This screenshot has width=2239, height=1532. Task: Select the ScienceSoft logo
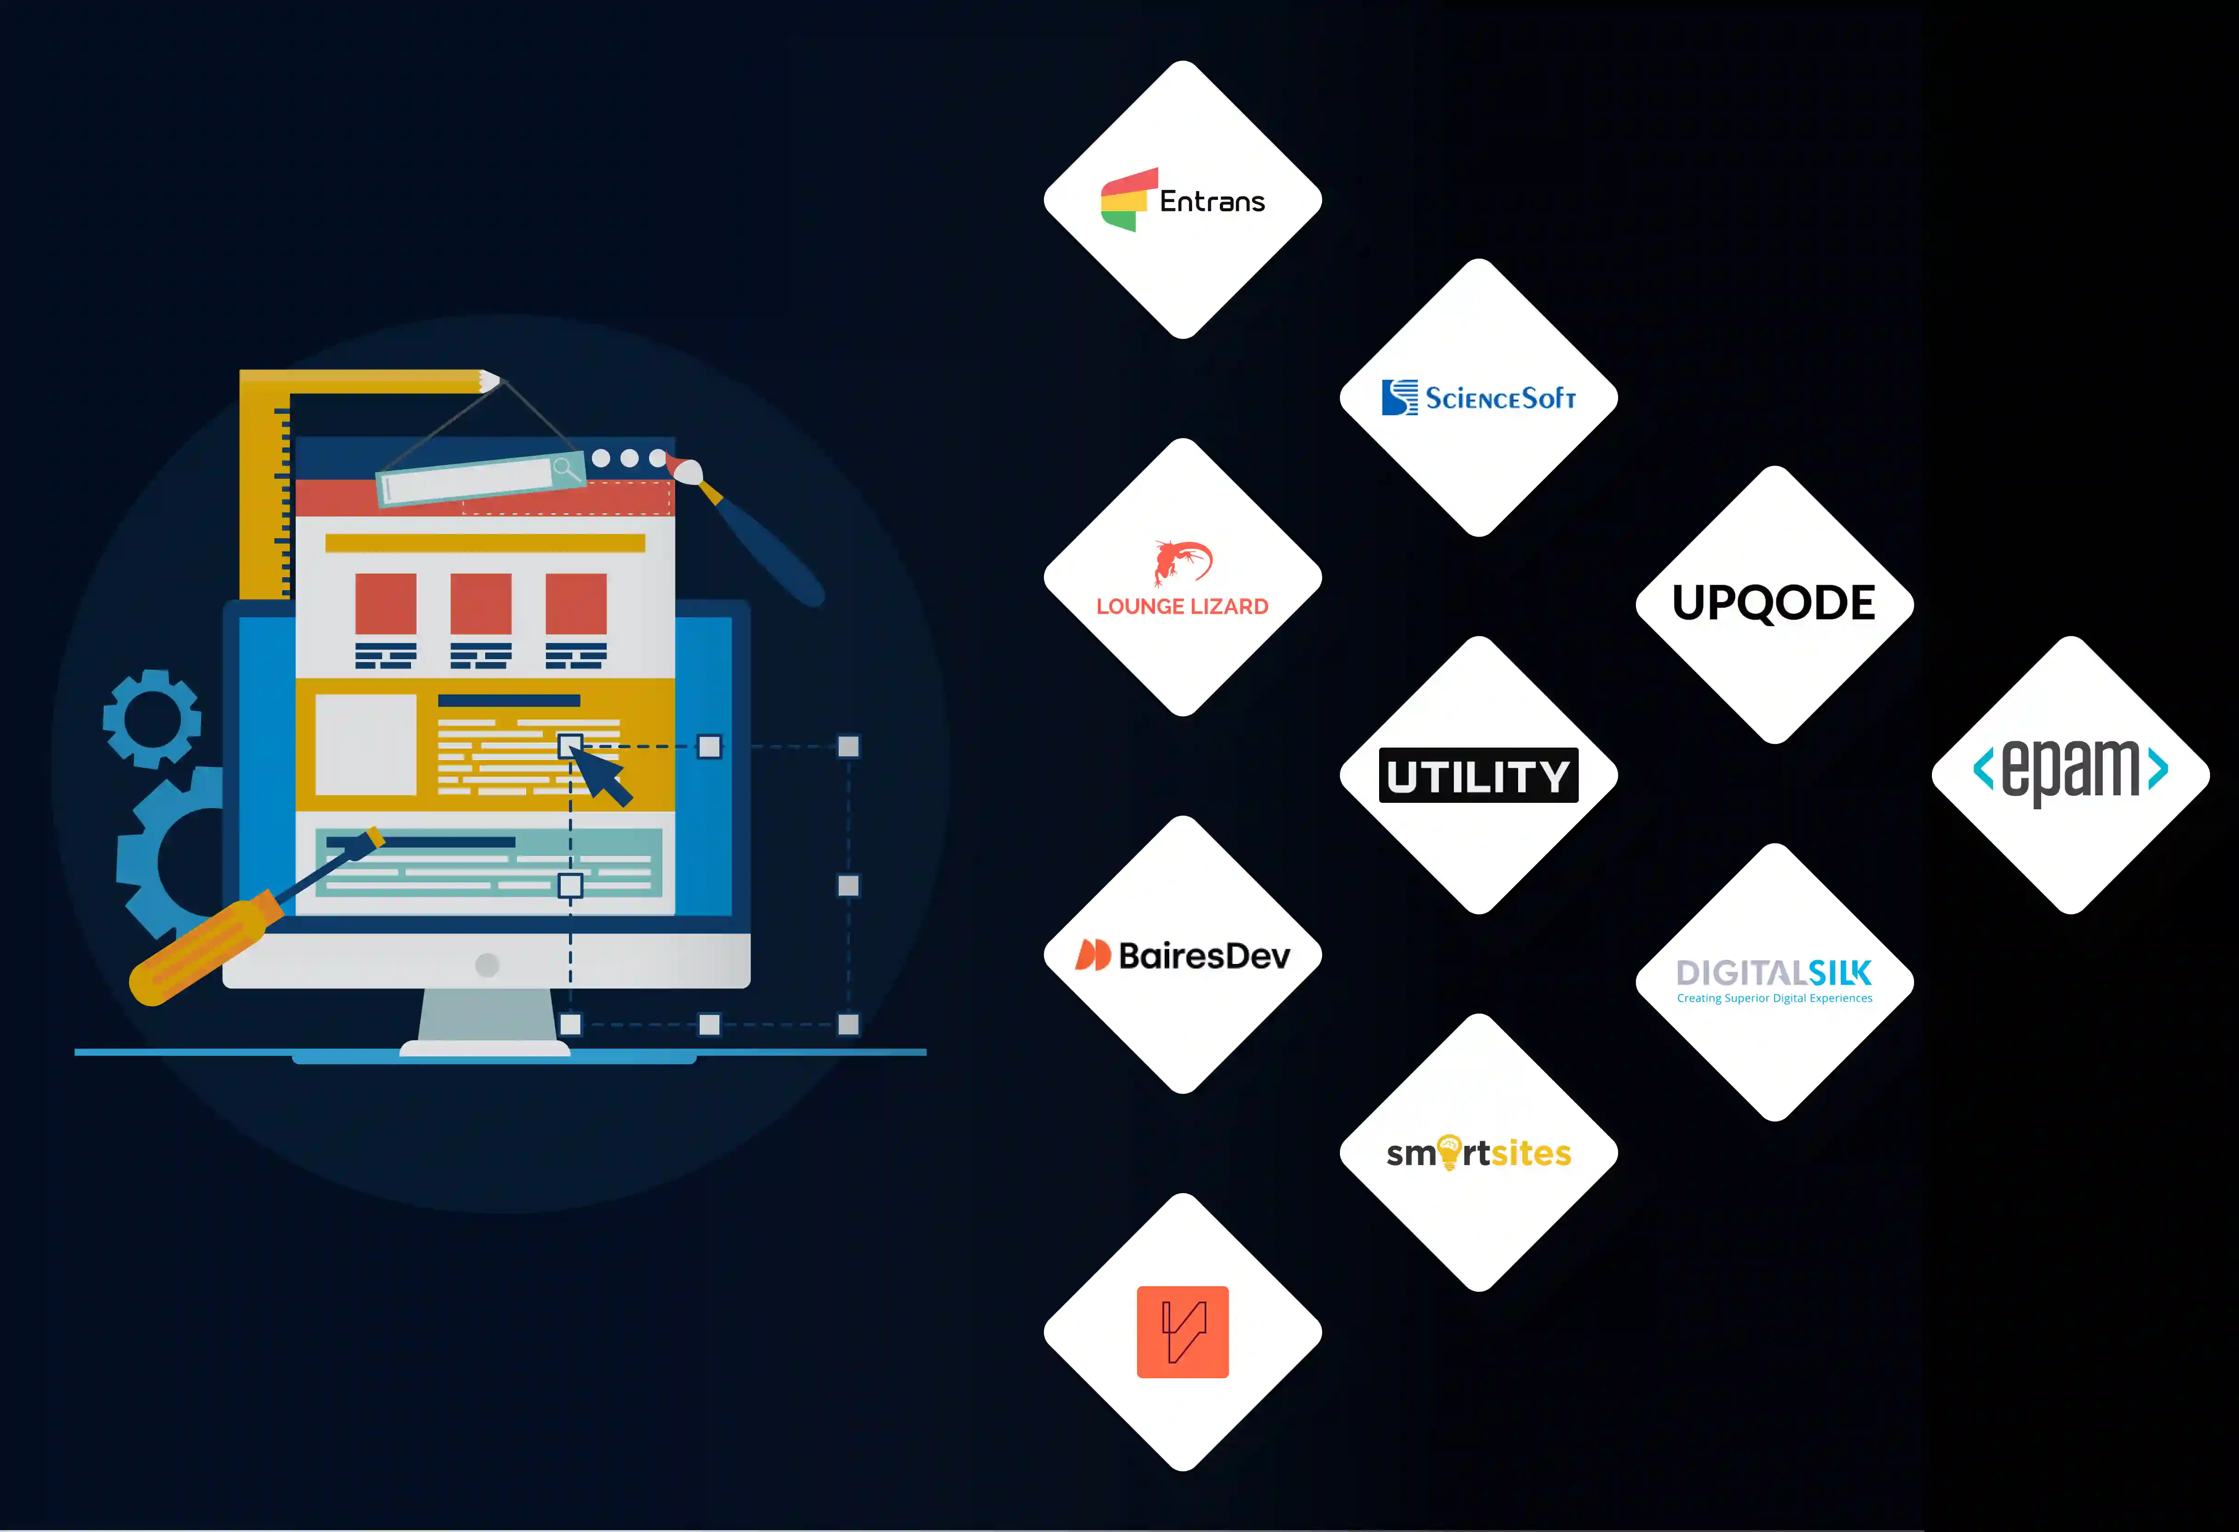click(1479, 397)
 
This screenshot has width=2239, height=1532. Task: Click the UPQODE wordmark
click(1774, 603)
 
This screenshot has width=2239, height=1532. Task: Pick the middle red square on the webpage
click(481, 604)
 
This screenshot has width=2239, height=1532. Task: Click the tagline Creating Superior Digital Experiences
click(1774, 998)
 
